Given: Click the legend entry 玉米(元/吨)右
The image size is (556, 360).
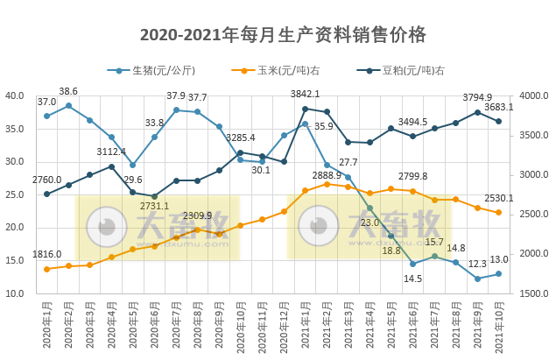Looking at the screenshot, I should coord(284,71).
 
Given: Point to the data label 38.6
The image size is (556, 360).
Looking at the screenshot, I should coord(68,91).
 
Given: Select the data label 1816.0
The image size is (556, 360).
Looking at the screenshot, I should coord(46,254).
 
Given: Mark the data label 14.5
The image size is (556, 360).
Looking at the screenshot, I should coord(412,279).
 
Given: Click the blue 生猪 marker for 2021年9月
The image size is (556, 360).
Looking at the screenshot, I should coord(477,279).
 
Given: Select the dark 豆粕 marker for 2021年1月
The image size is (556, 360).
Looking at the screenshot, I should coord(305,109).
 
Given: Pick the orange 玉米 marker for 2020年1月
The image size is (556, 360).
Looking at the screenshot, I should coord(47,269).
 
